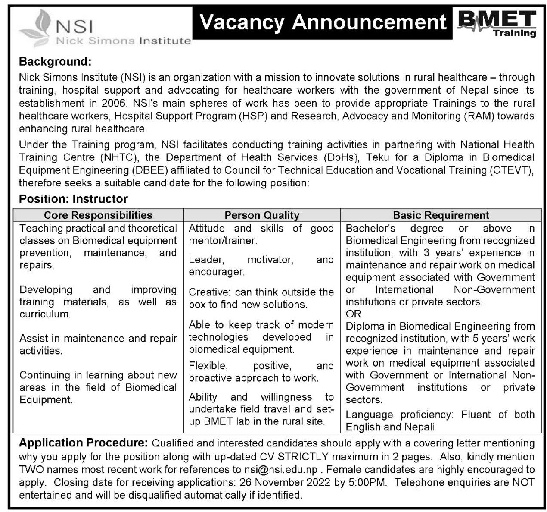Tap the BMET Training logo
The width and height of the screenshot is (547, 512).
click(496, 24)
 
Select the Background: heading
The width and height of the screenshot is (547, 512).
click(55, 62)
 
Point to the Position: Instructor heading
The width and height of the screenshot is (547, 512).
click(73, 199)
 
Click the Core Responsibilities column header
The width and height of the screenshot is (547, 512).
click(98, 215)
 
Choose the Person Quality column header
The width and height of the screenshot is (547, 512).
click(262, 215)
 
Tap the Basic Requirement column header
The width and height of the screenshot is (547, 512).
click(441, 215)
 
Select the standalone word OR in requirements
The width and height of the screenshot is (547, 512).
click(353, 314)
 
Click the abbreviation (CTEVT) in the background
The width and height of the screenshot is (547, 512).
click(511, 170)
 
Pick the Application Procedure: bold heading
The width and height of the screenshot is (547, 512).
click(84, 443)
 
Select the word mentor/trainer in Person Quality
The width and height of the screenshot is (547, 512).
click(222, 241)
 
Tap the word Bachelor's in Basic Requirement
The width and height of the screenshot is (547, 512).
click(370, 228)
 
